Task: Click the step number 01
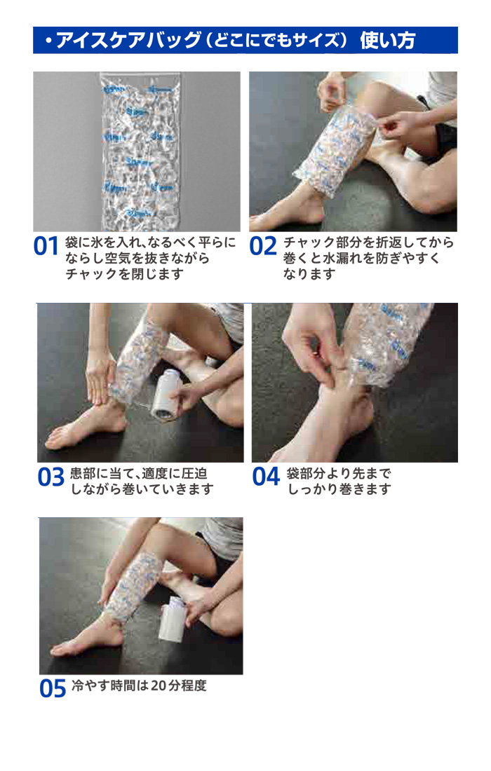coord(46,246)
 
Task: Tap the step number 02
coord(263,246)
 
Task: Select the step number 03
coord(51,477)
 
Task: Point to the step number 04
coord(266,477)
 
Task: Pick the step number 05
coord(53,688)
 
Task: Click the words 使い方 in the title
coord(388,41)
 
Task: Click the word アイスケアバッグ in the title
coord(128,41)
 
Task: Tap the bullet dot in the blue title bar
coord(48,41)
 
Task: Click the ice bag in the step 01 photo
coord(140,151)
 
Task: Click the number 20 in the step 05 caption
coord(159,685)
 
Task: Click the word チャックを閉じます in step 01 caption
coord(124,274)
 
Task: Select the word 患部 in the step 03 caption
coord(83,474)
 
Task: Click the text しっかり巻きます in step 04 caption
coord(339,489)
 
